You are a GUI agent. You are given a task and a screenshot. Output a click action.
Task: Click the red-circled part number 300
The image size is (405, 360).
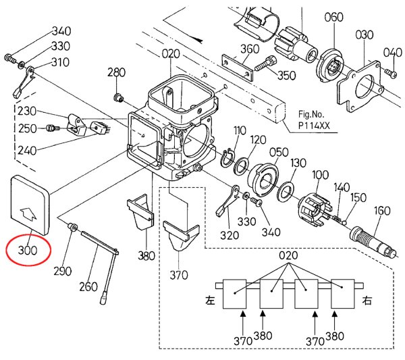click(x=28, y=250)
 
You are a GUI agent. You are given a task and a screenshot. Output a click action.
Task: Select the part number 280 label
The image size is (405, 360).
click(x=117, y=72)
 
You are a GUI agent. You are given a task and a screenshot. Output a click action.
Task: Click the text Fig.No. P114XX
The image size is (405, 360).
click(x=314, y=120)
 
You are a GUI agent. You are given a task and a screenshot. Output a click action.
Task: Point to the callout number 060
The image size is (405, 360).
click(x=333, y=17)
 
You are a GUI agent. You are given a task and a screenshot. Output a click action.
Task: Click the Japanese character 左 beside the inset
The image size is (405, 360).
click(x=210, y=301)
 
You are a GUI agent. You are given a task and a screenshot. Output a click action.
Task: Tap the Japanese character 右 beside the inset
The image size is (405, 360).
click(x=367, y=301)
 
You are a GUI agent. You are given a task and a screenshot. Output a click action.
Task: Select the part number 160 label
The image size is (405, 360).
click(x=382, y=211)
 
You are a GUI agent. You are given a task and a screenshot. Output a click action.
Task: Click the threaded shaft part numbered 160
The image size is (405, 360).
click(x=373, y=241)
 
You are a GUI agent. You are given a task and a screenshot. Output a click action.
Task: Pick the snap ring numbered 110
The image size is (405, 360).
click(x=227, y=158)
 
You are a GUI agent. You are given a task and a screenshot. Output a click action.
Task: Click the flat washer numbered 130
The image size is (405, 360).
click(x=285, y=192)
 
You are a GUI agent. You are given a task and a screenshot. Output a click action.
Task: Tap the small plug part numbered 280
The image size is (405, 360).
click(x=119, y=98)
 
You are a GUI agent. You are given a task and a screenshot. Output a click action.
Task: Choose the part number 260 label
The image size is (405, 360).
click(x=88, y=286)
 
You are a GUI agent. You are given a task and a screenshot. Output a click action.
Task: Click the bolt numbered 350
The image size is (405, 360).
click(x=265, y=64)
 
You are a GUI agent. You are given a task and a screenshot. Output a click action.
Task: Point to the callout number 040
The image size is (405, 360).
click(x=393, y=53)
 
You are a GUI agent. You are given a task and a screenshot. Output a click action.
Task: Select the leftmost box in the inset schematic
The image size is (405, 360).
click(x=234, y=294)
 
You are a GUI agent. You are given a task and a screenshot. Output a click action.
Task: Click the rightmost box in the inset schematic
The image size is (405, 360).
click(x=342, y=294)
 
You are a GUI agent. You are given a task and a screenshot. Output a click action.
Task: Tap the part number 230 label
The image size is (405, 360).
click(x=27, y=111)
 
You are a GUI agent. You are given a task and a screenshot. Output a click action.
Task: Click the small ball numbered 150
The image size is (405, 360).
click(x=344, y=222)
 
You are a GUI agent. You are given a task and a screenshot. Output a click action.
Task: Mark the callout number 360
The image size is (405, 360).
click(x=250, y=49)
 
